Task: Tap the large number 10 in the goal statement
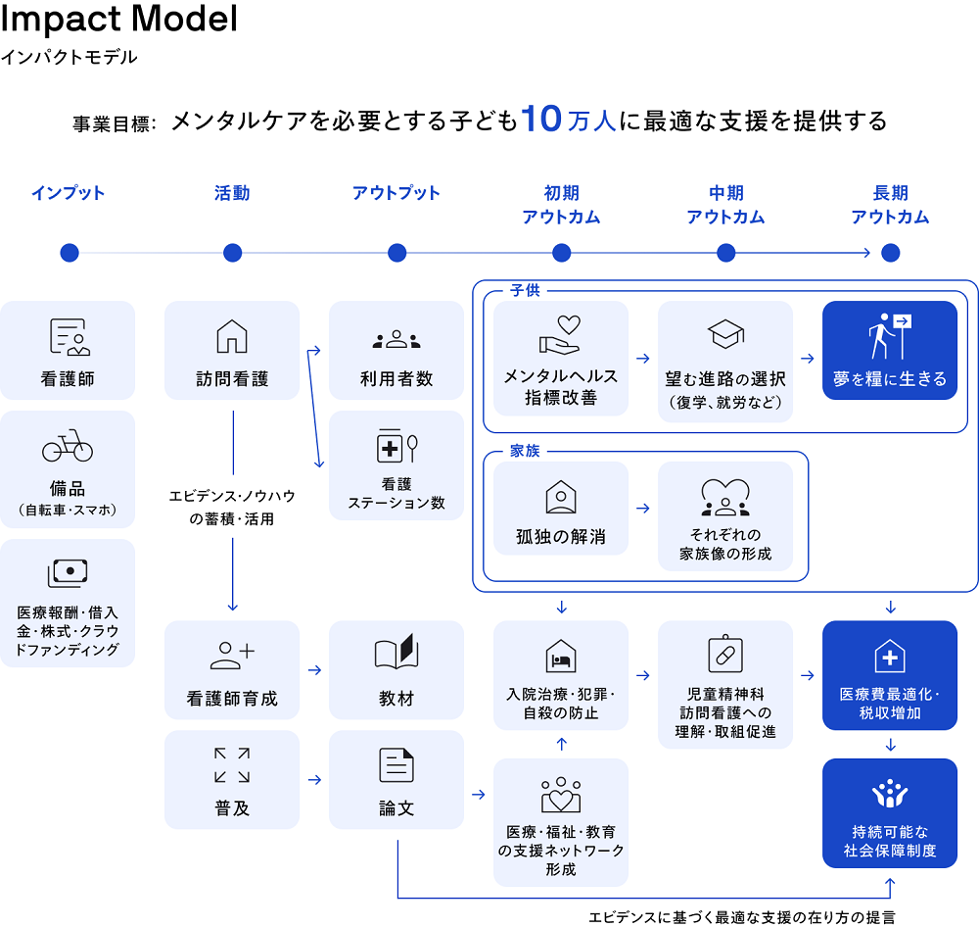tap(540, 120)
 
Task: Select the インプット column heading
tap(68, 193)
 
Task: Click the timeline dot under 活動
tap(232, 253)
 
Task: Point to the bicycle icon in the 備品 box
tap(68, 448)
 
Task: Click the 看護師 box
tap(68, 350)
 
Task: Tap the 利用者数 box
tap(396, 350)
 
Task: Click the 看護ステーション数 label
tap(396, 493)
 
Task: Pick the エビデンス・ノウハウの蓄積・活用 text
tap(232, 508)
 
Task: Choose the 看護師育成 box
tap(232, 670)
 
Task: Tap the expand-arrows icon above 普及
tap(232, 765)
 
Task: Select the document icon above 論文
tap(396, 765)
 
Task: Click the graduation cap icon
tap(725, 335)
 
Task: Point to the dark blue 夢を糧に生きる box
tap(890, 350)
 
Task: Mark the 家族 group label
tap(525, 452)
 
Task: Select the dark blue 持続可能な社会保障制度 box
tap(890, 813)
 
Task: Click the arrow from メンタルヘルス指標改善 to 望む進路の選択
tap(643, 359)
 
